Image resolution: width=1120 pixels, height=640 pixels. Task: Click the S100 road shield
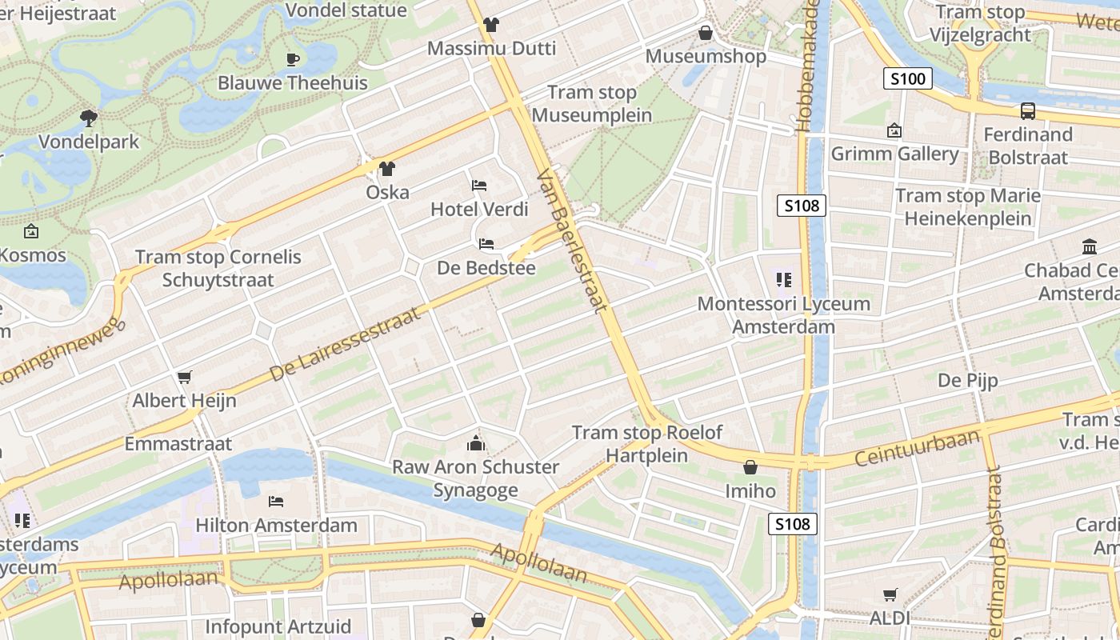point(908,78)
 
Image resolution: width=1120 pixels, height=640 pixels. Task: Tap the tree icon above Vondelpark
point(89,118)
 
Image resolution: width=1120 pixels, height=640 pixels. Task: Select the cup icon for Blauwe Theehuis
point(293,59)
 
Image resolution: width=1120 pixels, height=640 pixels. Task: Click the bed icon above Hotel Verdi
point(479,186)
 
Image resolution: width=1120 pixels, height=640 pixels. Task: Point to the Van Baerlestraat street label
point(574,240)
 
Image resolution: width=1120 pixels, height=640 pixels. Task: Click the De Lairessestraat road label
point(345,345)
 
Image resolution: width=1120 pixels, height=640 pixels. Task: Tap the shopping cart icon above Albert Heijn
point(185,377)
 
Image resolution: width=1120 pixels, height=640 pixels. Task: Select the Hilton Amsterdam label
point(277,526)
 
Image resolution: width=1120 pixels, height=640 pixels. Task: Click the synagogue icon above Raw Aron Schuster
point(476,443)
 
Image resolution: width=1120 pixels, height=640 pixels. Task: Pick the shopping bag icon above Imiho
point(750,467)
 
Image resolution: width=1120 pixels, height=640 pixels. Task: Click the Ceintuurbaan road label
point(917,449)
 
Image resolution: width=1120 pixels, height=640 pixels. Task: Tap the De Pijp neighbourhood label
point(968,380)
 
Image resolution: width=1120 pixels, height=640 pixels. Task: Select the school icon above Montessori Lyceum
point(784,280)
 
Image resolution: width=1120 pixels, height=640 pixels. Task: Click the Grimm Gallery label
point(894,154)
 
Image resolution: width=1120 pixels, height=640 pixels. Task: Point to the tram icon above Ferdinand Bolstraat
point(1028,111)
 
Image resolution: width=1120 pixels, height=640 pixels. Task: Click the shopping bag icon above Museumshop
point(706,33)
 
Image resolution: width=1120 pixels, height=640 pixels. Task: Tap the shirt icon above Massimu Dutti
point(491,25)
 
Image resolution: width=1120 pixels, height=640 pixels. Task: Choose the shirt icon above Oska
point(387,169)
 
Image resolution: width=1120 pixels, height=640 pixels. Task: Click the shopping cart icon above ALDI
point(890,594)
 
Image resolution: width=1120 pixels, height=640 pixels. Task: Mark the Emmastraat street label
point(178,444)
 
